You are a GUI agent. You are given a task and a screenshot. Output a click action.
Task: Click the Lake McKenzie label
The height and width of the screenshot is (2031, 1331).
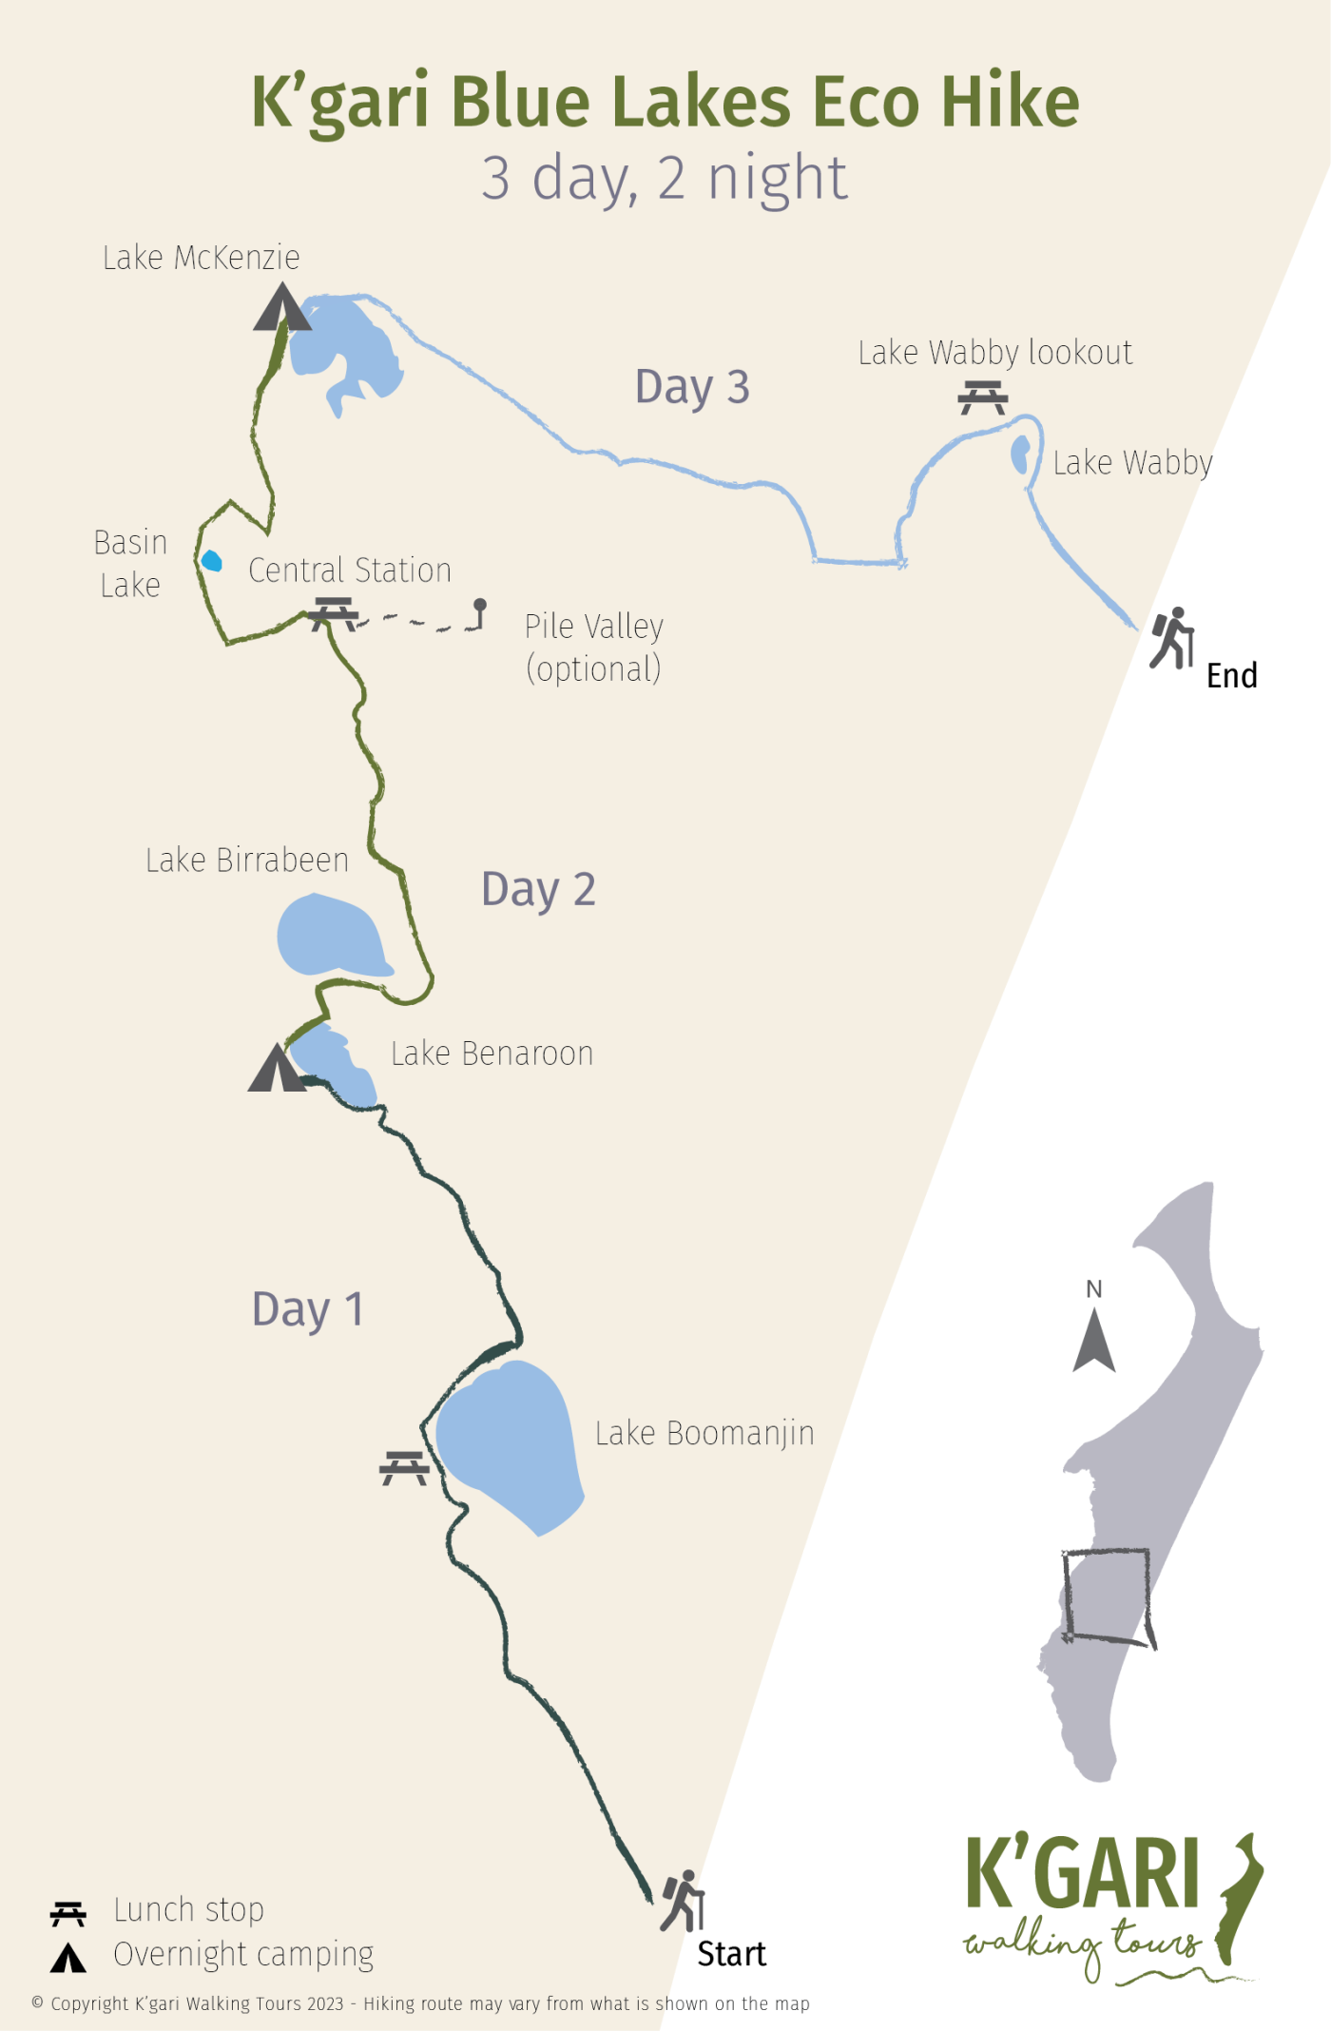[202, 258]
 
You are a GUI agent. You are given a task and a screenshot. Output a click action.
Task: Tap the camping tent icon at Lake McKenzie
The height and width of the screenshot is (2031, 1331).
[281, 308]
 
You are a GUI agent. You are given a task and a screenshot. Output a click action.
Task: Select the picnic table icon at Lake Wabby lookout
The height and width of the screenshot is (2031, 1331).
[982, 397]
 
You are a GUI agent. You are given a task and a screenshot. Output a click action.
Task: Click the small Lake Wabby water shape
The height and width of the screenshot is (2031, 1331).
[1020, 454]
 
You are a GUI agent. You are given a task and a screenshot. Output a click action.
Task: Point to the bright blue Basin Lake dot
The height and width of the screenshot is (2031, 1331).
[211, 561]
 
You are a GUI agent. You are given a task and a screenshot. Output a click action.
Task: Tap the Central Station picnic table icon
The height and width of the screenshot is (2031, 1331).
[333, 613]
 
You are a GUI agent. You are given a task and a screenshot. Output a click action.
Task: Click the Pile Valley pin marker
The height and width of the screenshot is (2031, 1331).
[480, 607]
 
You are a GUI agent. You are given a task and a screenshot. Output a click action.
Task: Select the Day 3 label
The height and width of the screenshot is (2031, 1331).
[692, 388]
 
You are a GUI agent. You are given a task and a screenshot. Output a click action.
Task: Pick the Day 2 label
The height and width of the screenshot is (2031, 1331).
[538, 890]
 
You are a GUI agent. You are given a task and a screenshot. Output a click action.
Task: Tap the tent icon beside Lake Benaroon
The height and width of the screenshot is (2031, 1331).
[276, 1069]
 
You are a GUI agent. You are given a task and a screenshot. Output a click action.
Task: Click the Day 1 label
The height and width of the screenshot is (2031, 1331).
[307, 1310]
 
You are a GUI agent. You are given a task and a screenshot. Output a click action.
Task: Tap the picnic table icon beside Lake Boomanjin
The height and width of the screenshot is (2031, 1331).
[404, 1468]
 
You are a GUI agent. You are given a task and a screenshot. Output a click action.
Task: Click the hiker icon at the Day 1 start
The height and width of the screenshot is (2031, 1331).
[683, 1901]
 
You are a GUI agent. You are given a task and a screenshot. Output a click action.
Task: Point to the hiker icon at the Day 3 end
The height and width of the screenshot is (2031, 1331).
[1172, 638]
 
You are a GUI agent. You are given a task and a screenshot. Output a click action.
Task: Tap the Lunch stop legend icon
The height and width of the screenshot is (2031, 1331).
[68, 1913]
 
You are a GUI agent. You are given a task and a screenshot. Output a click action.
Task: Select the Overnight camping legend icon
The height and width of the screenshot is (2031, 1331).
[68, 1958]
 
